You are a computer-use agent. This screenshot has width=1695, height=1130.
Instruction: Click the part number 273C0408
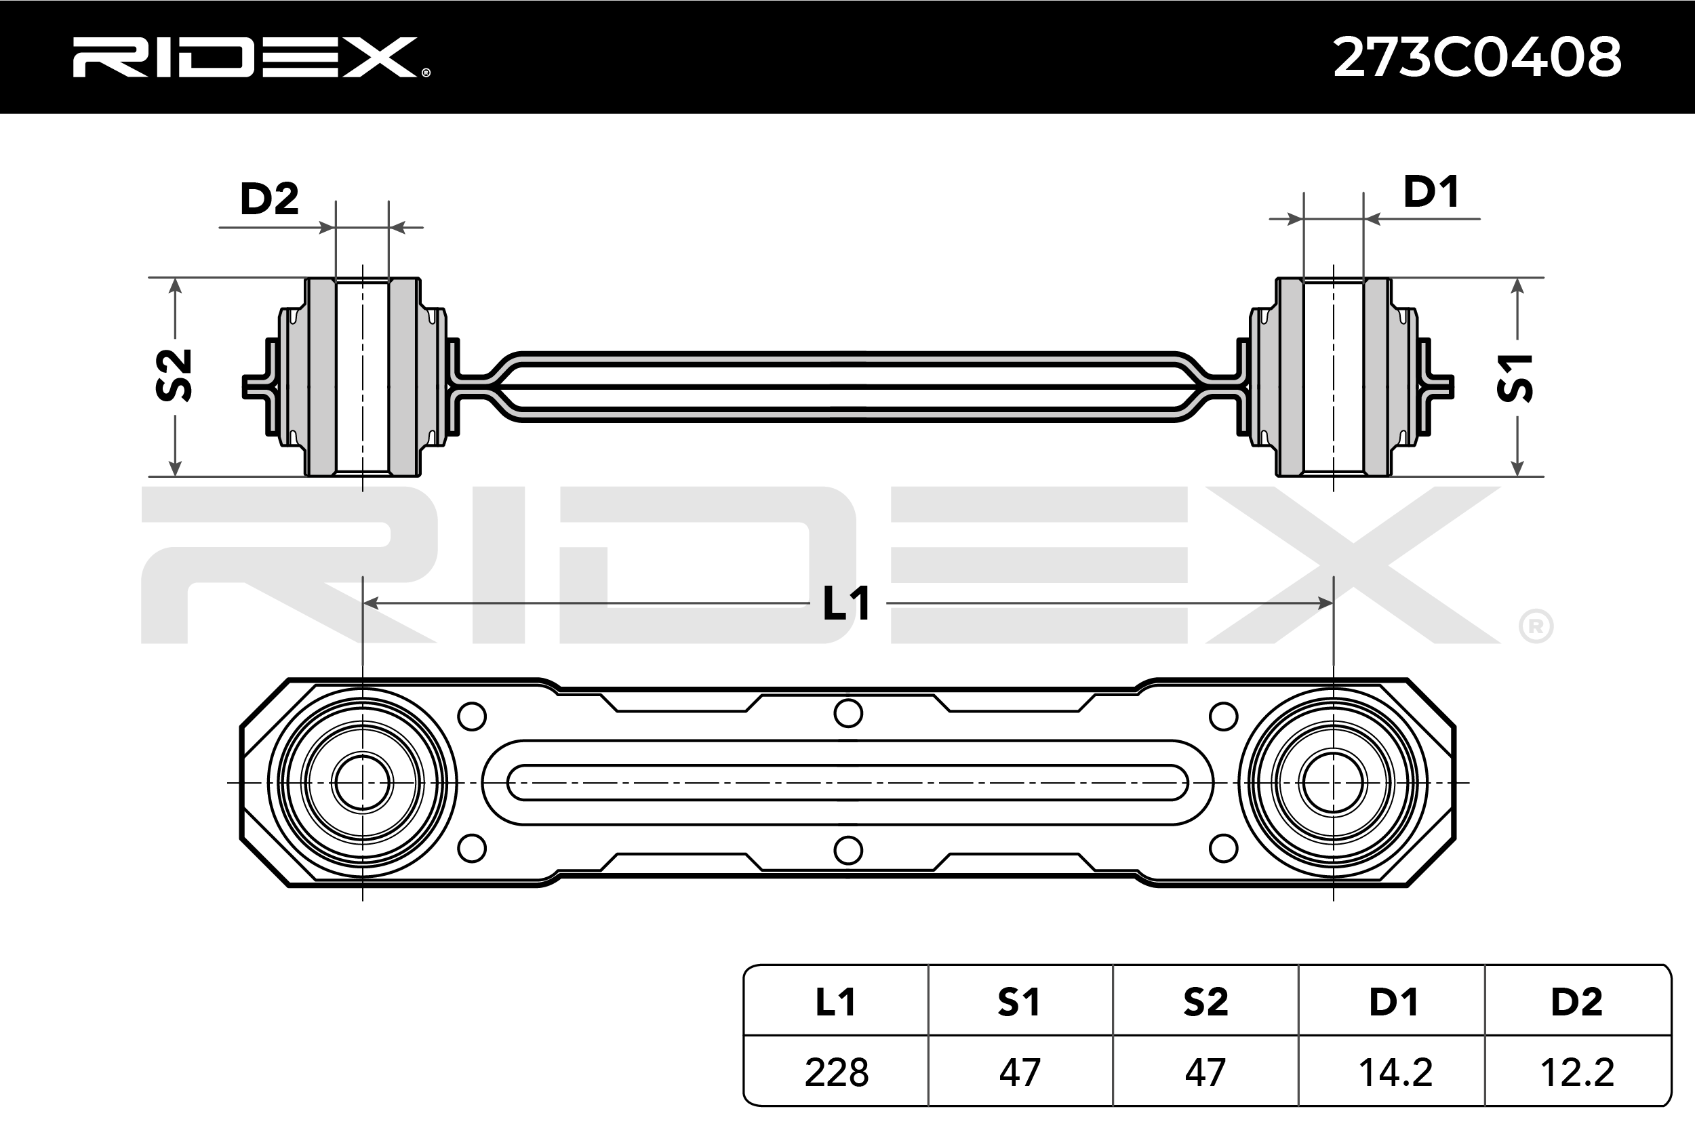coord(1477,57)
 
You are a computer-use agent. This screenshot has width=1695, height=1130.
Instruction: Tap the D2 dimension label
coord(268,199)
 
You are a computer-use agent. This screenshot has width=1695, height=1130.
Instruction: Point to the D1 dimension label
coord(1431,192)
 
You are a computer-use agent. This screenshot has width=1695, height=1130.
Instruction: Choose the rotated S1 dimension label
coord(1515,377)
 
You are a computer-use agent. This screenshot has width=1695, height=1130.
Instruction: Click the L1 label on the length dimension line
coord(847,603)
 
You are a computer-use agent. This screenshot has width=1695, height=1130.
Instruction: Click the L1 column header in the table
coord(836,1002)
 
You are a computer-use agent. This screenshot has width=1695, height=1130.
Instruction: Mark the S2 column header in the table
coord(1205,1002)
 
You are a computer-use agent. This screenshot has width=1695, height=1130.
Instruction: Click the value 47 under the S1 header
coord(1020,1072)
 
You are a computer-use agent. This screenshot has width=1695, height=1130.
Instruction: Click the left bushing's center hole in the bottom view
coord(363,783)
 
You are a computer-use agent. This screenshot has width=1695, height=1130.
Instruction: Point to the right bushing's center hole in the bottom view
coord(1332,783)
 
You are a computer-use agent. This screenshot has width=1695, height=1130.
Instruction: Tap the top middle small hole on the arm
coord(848,714)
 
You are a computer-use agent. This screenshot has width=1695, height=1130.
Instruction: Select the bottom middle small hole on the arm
coord(848,851)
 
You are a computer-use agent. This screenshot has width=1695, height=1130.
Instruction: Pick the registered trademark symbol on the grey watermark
coord(1536,627)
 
